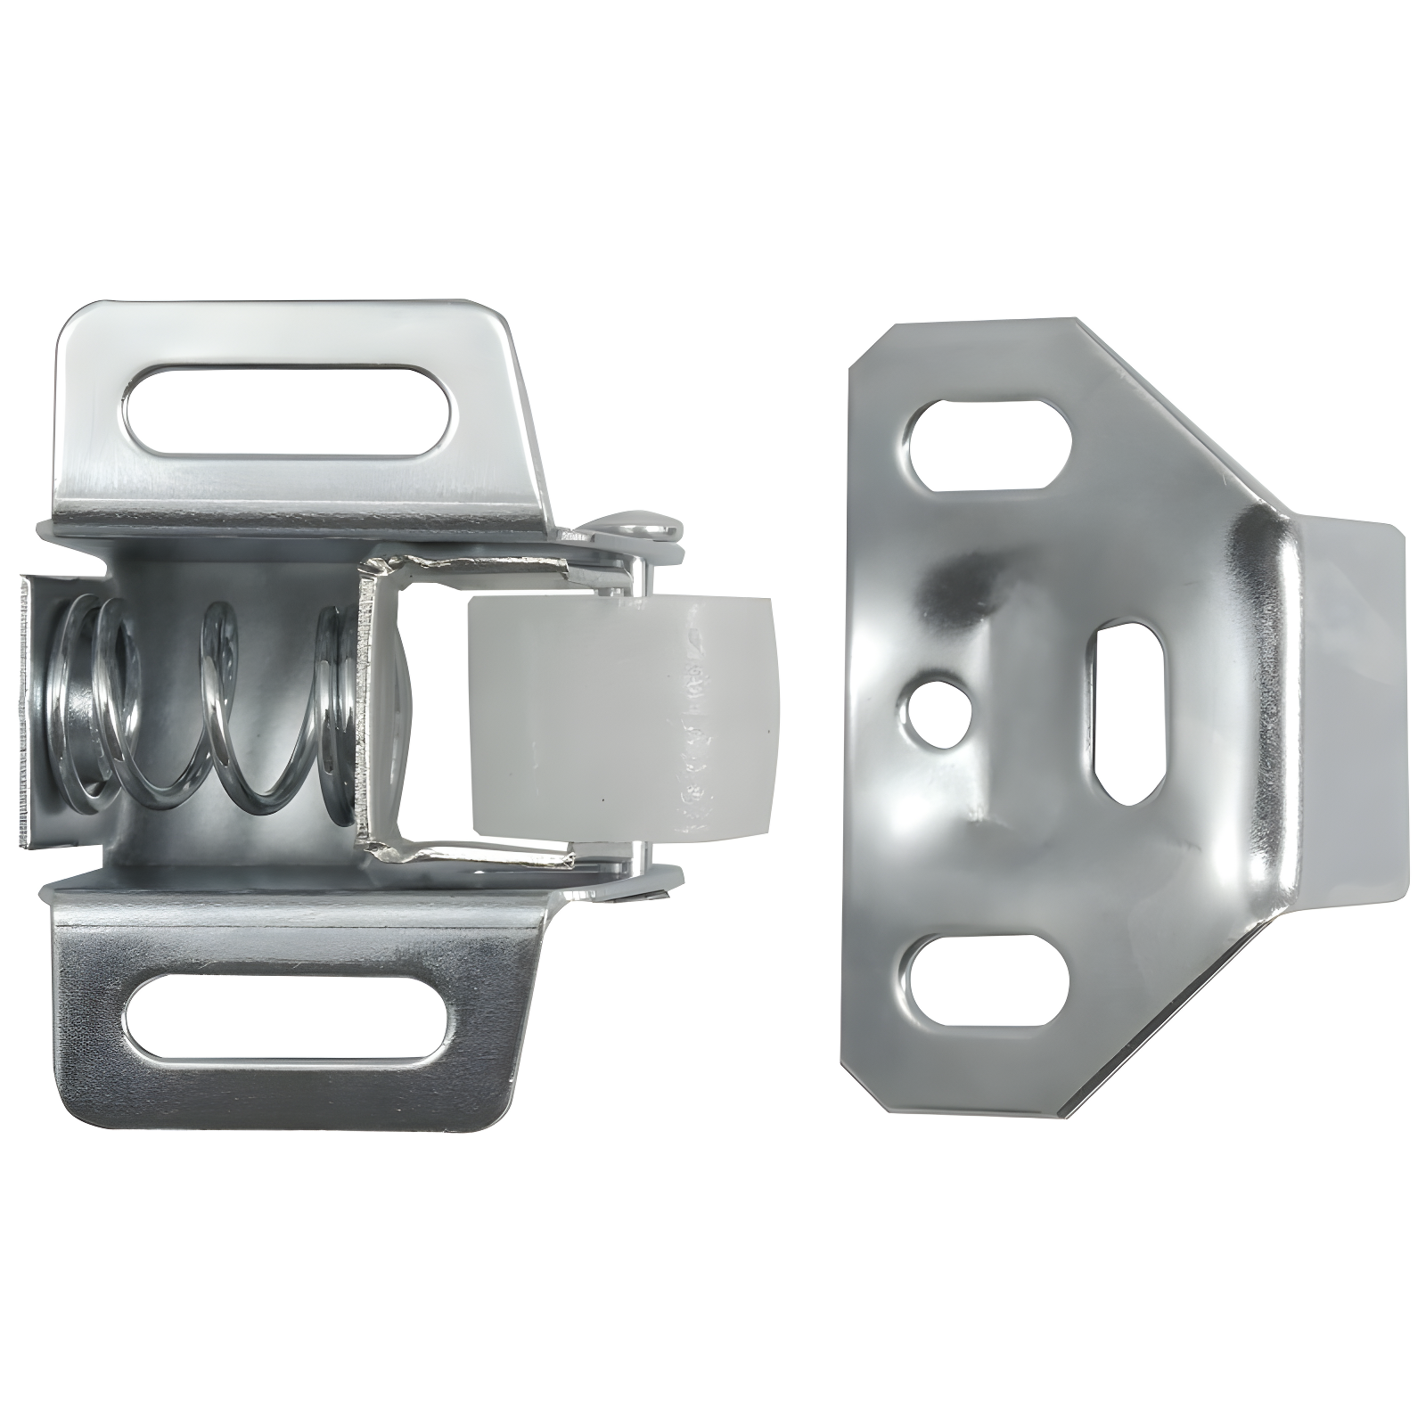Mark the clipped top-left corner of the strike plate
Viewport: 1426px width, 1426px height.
coord(869,352)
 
